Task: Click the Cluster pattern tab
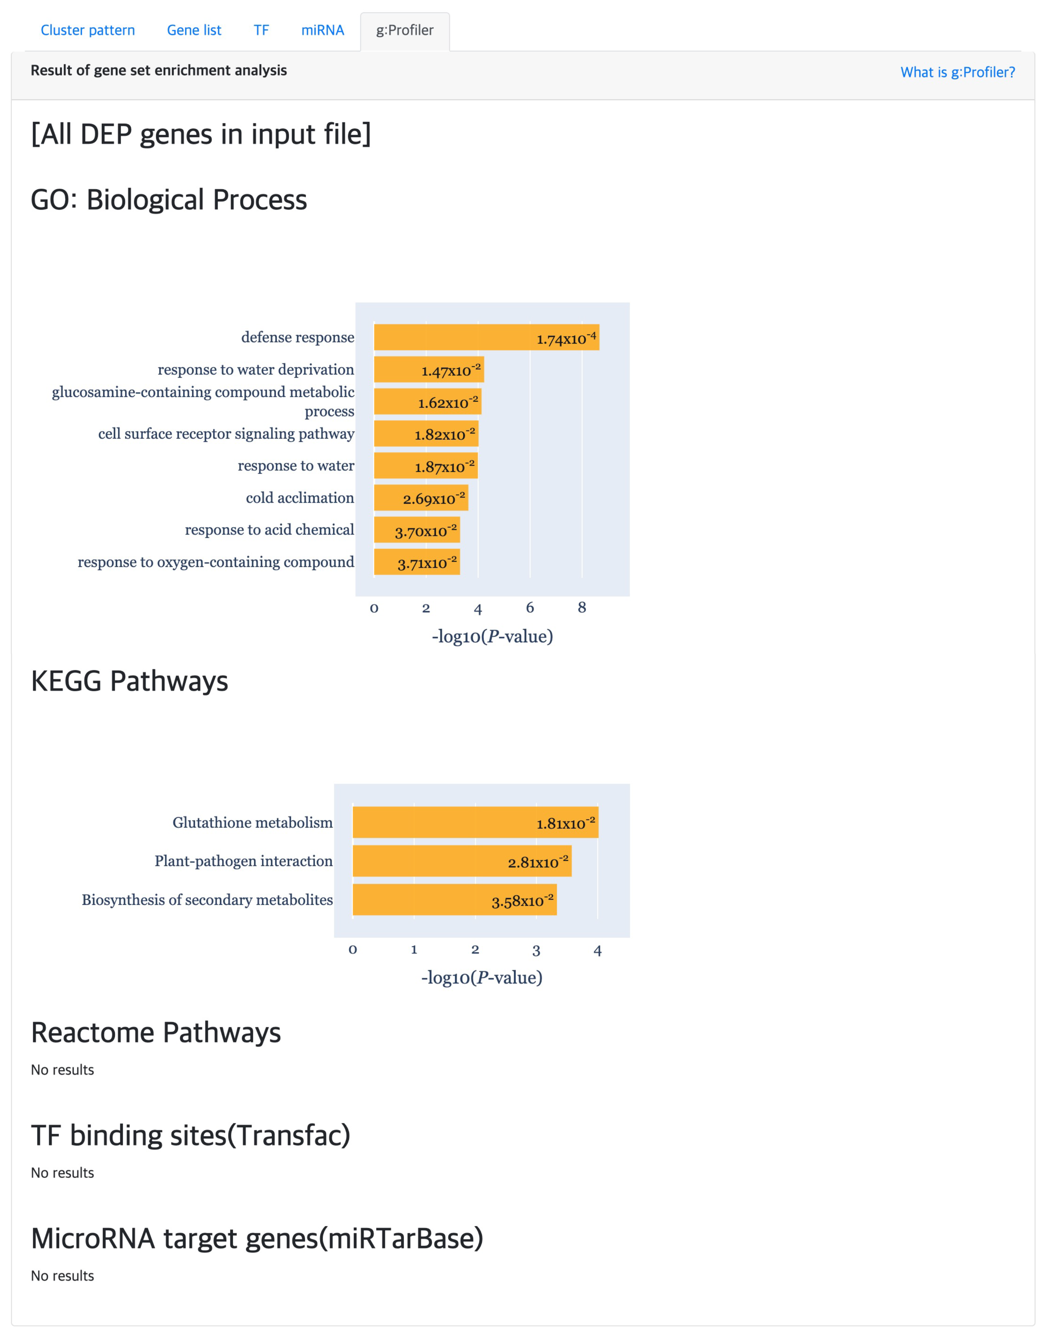click(88, 30)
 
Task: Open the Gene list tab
click(194, 30)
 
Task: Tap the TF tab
click(261, 30)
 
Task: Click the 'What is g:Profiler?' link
click(957, 72)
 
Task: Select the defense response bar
click(486, 337)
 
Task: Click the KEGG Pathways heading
click(129, 681)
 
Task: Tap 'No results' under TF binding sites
click(62, 1173)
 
